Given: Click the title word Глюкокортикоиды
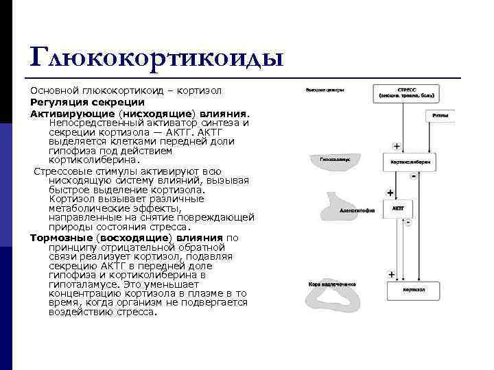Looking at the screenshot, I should (x=157, y=58).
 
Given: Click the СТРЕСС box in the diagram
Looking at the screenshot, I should (x=409, y=94).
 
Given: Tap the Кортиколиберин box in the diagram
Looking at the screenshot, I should (x=410, y=162).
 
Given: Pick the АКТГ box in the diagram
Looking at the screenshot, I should (x=397, y=207).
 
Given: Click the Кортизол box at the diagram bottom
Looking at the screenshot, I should (x=410, y=290).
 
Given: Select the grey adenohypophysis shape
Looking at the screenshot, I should (x=343, y=205).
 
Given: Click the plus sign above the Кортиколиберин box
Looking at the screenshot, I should (x=397, y=146).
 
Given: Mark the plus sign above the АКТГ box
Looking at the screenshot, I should (x=390, y=193).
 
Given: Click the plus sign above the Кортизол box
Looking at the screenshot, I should (x=391, y=274).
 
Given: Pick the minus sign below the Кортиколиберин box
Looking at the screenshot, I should (x=414, y=176).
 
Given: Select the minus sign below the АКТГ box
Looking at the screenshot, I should (x=408, y=222).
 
